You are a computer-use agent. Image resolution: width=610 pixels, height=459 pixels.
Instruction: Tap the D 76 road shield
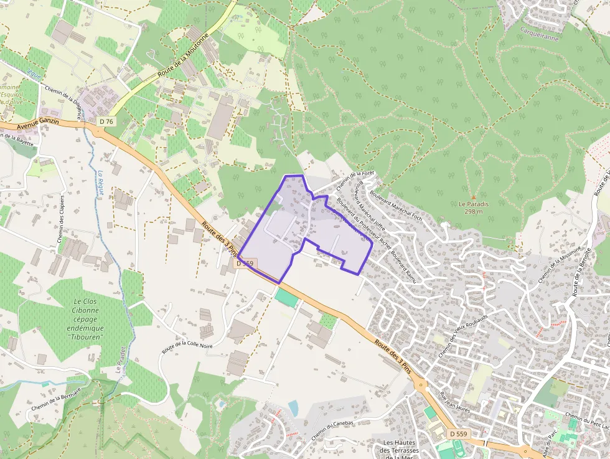(x=106, y=122)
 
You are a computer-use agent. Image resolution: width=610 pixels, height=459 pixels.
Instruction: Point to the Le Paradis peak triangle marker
(x=473, y=197)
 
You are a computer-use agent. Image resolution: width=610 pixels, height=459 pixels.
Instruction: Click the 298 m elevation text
(x=474, y=211)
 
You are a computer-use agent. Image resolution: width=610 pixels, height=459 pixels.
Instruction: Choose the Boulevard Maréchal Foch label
(x=396, y=205)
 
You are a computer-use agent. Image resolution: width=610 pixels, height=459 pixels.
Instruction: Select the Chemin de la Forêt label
(x=349, y=182)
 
